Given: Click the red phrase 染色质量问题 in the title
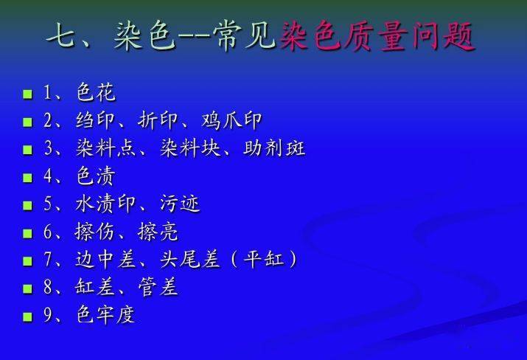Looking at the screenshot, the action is click(x=377, y=36).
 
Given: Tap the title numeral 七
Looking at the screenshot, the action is click(x=61, y=35).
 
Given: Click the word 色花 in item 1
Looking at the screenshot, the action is click(x=96, y=92).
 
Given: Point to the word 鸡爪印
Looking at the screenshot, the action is click(x=231, y=120).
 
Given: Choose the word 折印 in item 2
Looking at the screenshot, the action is click(x=157, y=120).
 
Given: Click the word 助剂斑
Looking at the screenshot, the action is click(x=274, y=148).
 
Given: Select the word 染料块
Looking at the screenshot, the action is click(x=190, y=148).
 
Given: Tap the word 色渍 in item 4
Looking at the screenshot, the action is click(x=96, y=176).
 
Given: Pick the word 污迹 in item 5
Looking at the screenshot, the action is click(x=180, y=204).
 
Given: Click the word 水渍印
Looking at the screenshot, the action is click(x=105, y=204).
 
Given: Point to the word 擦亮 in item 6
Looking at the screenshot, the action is click(x=157, y=232).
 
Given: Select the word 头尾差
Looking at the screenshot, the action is click(x=190, y=260).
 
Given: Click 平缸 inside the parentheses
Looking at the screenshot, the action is click(x=264, y=259).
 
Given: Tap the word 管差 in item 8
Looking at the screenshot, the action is click(x=157, y=287).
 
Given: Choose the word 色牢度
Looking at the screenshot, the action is click(x=105, y=315).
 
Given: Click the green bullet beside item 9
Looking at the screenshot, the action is click(x=27, y=317).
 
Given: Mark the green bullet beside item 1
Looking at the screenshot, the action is click(x=27, y=94).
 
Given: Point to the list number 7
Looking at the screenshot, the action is click(x=47, y=260).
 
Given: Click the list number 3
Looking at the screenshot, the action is click(x=47, y=148).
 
